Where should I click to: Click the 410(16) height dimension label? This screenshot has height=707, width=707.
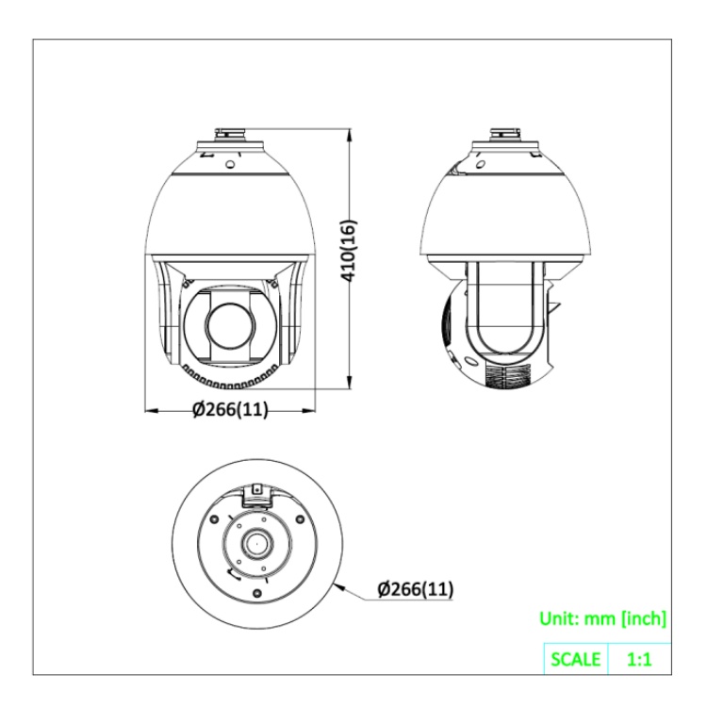pyautogui.click(x=350, y=251)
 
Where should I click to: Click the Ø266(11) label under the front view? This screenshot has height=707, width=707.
pyautogui.click(x=230, y=409)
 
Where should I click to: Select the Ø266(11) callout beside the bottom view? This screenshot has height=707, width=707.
pyautogui.click(x=416, y=589)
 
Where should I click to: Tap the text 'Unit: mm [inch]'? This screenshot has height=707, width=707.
pyautogui.click(x=602, y=618)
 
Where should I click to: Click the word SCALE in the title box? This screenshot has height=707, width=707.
pyautogui.click(x=576, y=659)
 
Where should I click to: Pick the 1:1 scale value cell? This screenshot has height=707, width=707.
pyautogui.click(x=639, y=659)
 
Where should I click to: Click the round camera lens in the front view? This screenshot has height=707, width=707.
pyautogui.click(x=230, y=325)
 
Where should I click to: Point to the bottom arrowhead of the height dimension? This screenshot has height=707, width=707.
pyautogui.click(x=349, y=383)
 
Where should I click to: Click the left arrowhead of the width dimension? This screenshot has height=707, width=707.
pyautogui.click(x=152, y=410)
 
